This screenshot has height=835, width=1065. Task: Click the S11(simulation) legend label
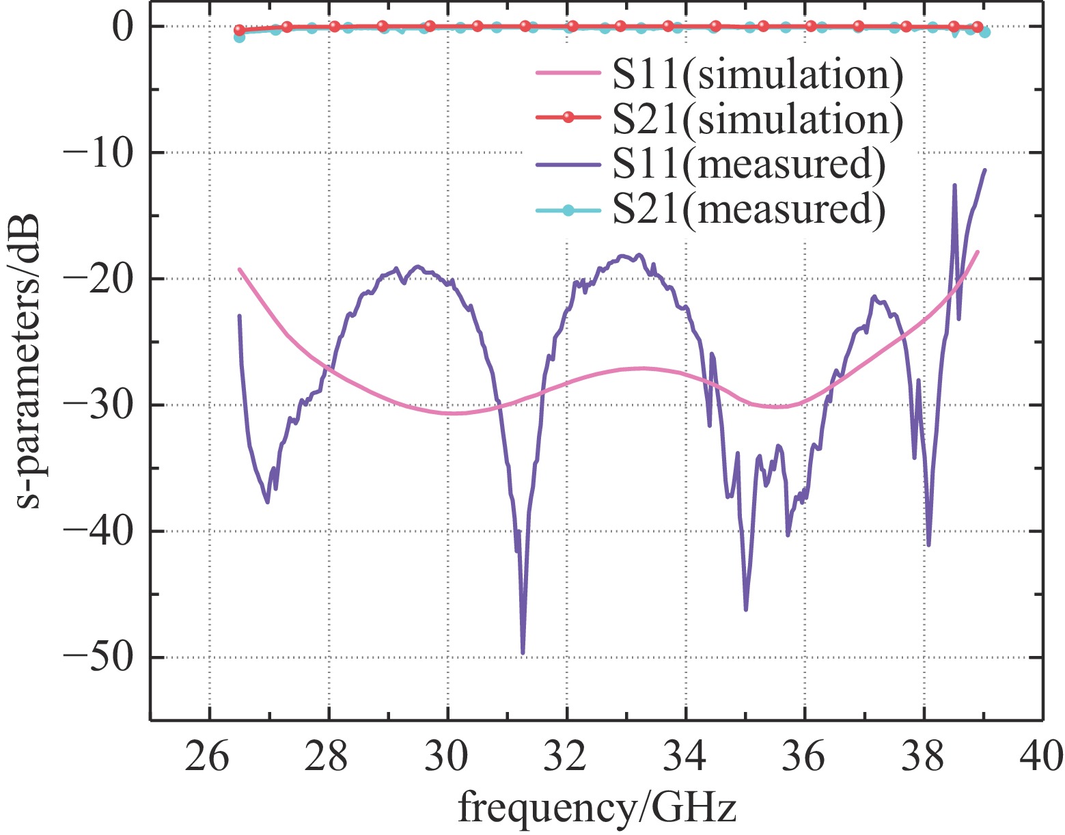pyautogui.click(x=758, y=74)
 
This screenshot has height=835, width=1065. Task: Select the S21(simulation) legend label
pyautogui.click(x=758, y=119)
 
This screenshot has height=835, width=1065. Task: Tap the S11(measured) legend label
pyautogui.click(x=749, y=164)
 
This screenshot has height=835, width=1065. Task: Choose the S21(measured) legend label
pyautogui.click(x=749, y=208)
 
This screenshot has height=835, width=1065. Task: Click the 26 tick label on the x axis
pyautogui.click(x=209, y=758)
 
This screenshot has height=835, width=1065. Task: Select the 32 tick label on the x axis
pyautogui.click(x=567, y=758)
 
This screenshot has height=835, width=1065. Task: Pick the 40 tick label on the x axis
pyautogui.click(x=1041, y=758)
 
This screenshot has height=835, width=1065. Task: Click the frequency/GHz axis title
pyautogui.click(x=596, y=808)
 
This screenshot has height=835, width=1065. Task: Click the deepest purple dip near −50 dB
pyautogui.click(x=523, y=652)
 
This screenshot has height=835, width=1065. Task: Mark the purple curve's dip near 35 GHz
pyautogui.click(x=745, y=609)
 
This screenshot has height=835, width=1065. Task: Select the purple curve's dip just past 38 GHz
pyautogui.click(x=928, y=544)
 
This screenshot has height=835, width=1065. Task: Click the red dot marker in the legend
pyautogui.click(x=567, y=119)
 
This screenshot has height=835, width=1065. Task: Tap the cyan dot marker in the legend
pyautogui.click(x=567, y=209)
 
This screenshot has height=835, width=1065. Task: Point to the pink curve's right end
pyautogui.click(x=978, y=252)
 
